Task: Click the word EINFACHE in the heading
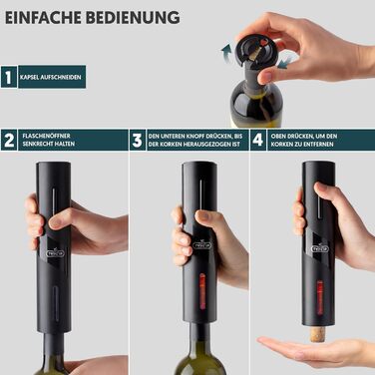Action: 43,18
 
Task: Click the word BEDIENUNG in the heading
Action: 133,18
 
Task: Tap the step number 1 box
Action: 9,77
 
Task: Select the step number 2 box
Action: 9,140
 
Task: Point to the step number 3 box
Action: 138,140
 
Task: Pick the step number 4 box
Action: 258,140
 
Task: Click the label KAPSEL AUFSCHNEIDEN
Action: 51,77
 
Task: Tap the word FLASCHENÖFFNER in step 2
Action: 46,136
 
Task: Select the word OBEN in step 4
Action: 278,136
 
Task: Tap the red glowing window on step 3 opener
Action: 202,293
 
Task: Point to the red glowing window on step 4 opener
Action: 319,297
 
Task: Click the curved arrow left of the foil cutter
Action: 226,54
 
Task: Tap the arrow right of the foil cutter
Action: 284,63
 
